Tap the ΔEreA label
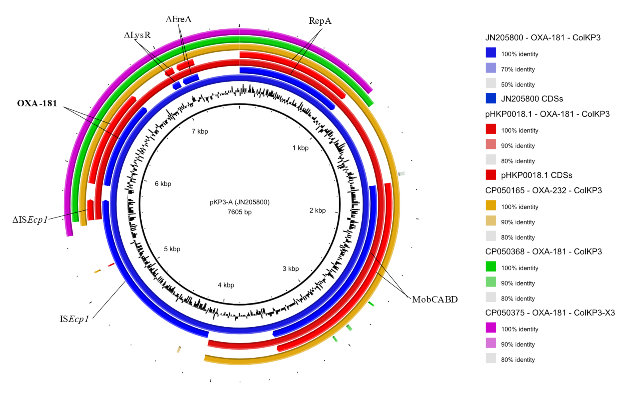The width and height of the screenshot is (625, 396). tap(178, 19)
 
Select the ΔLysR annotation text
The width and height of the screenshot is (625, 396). tap(137, 35)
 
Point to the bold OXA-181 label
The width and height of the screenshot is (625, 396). tap(37, 103)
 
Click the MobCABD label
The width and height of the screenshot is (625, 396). tap(435, 299)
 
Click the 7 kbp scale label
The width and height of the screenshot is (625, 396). tap(200, 131)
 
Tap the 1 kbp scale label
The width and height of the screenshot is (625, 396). tap(300, 148)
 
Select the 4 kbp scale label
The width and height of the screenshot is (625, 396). tap(226, 285)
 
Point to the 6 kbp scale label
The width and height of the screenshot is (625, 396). tap(163, 184)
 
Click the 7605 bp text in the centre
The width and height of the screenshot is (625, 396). tap(240, 212)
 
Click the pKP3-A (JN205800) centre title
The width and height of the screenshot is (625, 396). tap(240, 202)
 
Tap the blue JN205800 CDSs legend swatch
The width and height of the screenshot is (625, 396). tap(491, 98)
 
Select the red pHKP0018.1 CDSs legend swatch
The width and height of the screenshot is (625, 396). tap(491, 175)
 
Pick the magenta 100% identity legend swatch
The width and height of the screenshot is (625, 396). tap(491, 328)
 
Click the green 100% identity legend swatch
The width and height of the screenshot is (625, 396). tap(491, 266)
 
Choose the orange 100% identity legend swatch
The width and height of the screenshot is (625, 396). tap(491, 205)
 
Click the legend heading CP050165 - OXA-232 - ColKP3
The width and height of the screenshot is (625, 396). tap(543, 190)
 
